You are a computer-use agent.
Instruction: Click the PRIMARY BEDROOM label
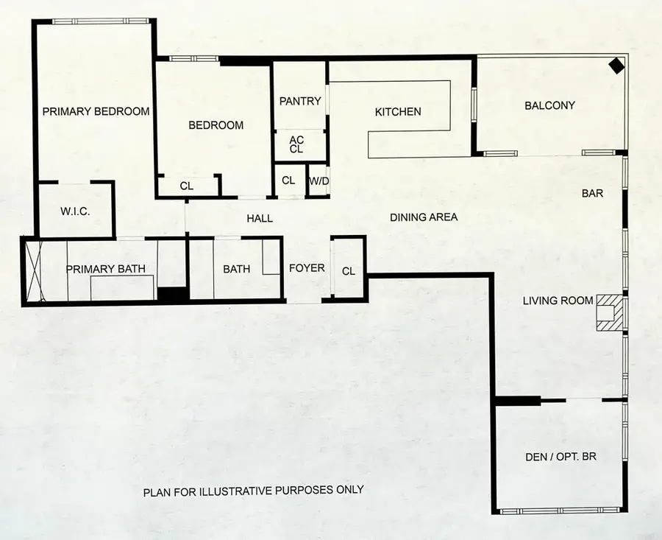coord(96,111)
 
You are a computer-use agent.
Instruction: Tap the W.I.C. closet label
coord(75,211)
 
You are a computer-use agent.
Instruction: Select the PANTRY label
coord(300,101)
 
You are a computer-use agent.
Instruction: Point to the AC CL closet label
coord(296,144)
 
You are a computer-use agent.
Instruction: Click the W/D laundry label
coord(318,181)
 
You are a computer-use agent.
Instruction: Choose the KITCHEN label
coord(398,112)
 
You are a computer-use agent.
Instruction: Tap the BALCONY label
coord(549,105)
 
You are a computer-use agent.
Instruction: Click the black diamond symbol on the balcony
coord(616,66)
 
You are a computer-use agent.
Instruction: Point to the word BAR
coord(592,193)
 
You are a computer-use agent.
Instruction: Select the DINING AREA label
coord(424,217)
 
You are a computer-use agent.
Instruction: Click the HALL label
coord(260,218)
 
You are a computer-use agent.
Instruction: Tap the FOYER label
coord(307,268)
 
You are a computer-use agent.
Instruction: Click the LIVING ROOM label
coord(558,301)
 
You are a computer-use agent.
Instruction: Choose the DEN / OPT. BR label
coord(560,457)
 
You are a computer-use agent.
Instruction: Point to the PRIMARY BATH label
coord(106,269)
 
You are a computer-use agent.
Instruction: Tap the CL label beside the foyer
coord(349,272)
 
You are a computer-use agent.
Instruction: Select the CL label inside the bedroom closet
coord(187,186)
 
